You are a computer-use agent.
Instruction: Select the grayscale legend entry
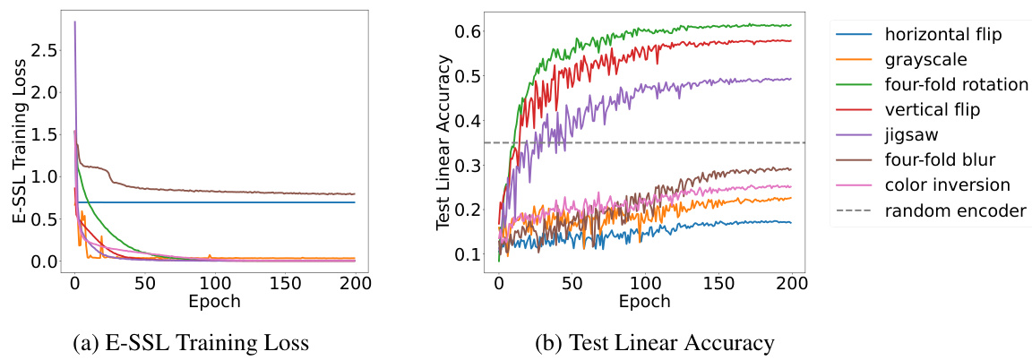click(922, 60)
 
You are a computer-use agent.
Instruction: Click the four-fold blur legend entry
click(938, 160)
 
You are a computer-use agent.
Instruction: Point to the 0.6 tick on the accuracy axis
click(469, 31)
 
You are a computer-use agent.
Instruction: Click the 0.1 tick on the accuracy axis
click(469, 254)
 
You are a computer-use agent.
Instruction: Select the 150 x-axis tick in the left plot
click(285, 282)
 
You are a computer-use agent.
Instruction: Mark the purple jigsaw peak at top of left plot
click(74, 21)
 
